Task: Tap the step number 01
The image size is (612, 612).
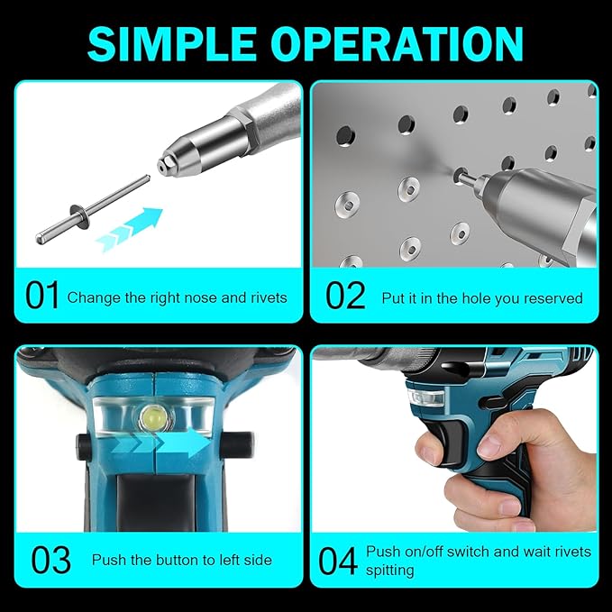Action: [42, 296]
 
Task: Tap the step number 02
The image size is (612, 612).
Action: [345, 296]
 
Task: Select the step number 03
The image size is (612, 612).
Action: [50, 560]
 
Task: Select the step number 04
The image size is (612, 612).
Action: [338, 560]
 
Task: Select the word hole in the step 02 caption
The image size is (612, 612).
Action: [470, 297]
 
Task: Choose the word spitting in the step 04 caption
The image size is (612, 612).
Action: [390, 570]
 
